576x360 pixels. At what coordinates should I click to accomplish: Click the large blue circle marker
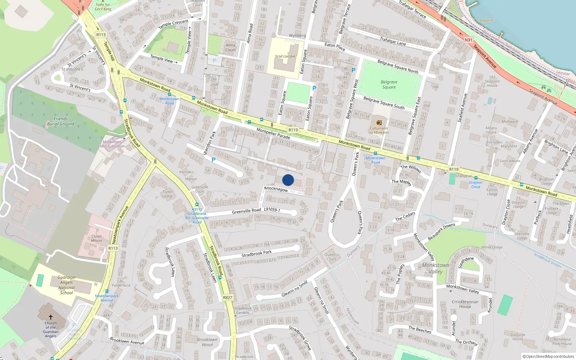coord(288,180)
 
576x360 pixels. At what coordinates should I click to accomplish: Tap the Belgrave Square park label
coord(389,85)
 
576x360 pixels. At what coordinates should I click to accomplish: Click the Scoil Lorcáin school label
coord(285,56)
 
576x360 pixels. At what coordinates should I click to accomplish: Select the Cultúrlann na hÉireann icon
coord(379,122)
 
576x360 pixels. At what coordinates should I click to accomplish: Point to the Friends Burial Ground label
coord(60,121)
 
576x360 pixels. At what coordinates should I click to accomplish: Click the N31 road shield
coord(468,40)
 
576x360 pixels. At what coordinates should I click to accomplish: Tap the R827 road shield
coord(228,297)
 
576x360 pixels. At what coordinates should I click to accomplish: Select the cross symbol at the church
coord(51,317)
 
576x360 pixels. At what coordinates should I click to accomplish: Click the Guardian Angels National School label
coord(67,285)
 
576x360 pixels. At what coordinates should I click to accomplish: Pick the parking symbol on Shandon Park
coord(213,160)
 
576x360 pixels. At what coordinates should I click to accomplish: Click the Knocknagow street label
coord(276,189)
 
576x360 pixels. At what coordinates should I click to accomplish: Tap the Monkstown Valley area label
coord(436,268)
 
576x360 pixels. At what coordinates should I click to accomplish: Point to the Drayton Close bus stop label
coord(476,185)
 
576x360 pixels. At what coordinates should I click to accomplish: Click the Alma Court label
coord(230,48)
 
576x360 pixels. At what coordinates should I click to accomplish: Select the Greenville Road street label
coord(246,211)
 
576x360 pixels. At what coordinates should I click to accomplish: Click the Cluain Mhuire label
coord(96,238)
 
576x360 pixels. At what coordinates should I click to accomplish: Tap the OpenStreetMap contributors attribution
coord(548,356)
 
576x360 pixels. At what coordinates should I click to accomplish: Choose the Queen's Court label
coord(331,257)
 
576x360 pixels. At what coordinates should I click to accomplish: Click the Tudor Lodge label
coord(167,194)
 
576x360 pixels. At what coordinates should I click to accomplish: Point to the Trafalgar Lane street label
coord(393,41)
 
